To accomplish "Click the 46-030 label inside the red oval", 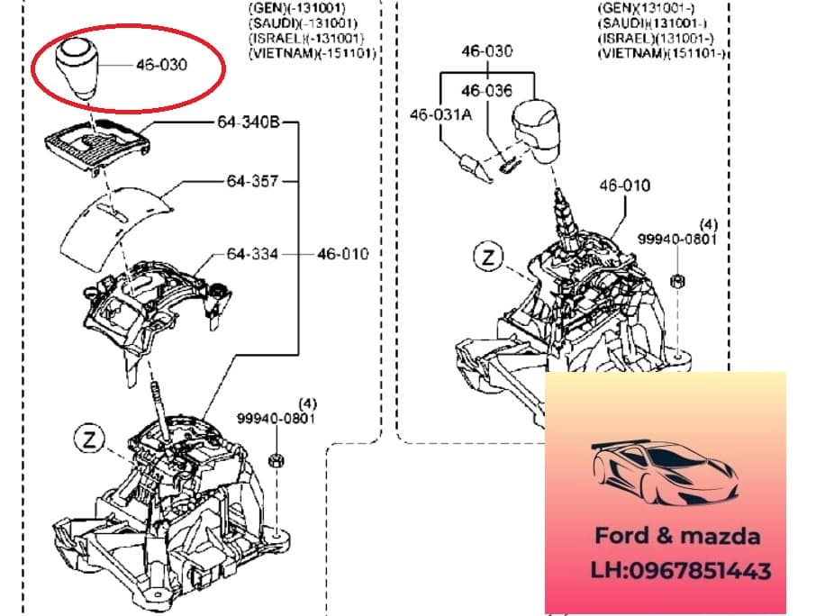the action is pyautogui.click(x=162, y=65).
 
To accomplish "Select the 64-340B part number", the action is pyautogui.click(x=249, y=122).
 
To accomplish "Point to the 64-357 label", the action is pyautogui.click(x=252, y=181).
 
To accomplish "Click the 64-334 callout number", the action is pyautogui.click(x=252, y=254).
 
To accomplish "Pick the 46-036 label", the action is pyautogui.click(x=486, y=90).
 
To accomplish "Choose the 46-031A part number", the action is pyautogui.click(x=441, y=114).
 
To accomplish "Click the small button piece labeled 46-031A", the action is pyautogui.click(x=476, y=168).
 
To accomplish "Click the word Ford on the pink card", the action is pyautogui.click(x=622, y=536).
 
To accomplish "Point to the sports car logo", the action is pyautogui.click(x=665, y=473).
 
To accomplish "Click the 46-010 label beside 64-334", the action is pyautogui.click(x=343, y=254).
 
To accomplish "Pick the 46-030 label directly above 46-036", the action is pyautogui.click(x=486, y=51).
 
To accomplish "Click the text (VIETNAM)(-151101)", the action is pyautogui.click(x=313, y=53).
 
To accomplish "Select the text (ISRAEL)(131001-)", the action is pyautogui.click(x=656, y=39).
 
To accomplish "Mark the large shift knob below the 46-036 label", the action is pyautogui.click(x=535, y=131).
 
